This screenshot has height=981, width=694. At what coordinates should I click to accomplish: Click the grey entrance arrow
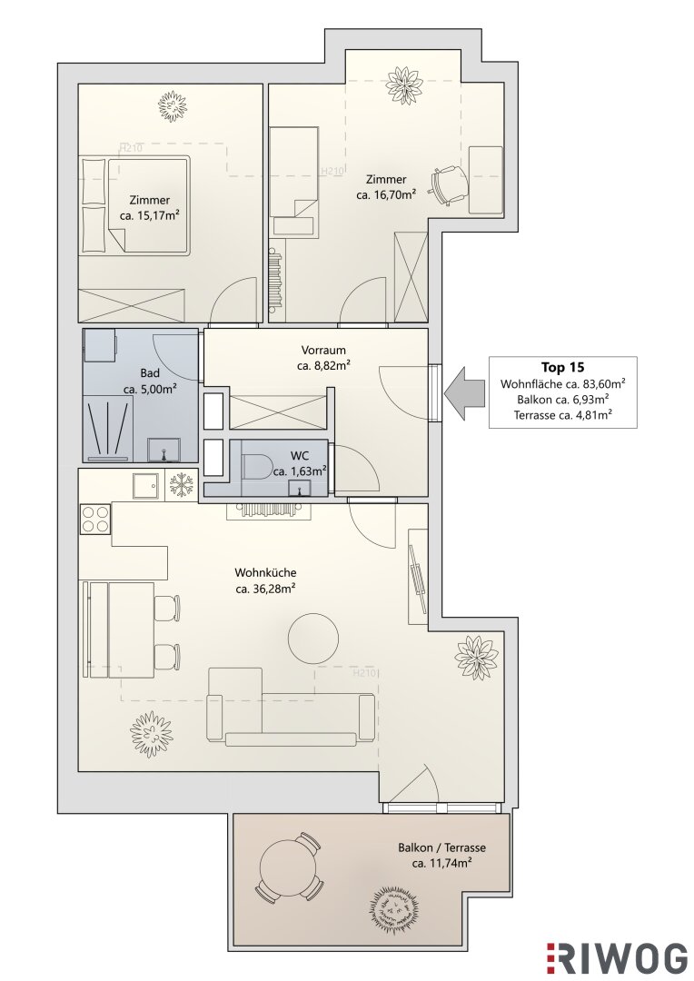(465, 393)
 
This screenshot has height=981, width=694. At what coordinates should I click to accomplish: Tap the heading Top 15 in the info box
(562, 367)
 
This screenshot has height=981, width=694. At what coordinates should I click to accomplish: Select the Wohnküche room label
(265, 572)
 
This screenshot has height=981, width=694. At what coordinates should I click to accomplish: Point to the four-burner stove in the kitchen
(95, 519)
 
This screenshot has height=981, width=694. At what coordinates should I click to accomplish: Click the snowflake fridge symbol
(183, 486)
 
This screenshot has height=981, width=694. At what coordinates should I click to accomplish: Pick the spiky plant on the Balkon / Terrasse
(393, 909)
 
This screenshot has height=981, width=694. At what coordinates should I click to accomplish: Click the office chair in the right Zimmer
(448, 185)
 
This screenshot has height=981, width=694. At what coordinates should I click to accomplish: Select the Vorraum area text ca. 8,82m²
(322, 366)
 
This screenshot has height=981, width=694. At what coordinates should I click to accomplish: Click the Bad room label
(150, 373)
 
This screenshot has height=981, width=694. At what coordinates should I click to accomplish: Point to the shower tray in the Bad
(108, 428)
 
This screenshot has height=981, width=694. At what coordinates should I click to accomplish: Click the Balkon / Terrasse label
(441, 847)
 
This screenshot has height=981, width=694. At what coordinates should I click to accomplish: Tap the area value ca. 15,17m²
(150, 216)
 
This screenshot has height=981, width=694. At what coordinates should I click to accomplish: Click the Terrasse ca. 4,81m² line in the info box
(562, 415)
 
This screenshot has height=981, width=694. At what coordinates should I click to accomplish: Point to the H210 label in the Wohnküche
(364, 674)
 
